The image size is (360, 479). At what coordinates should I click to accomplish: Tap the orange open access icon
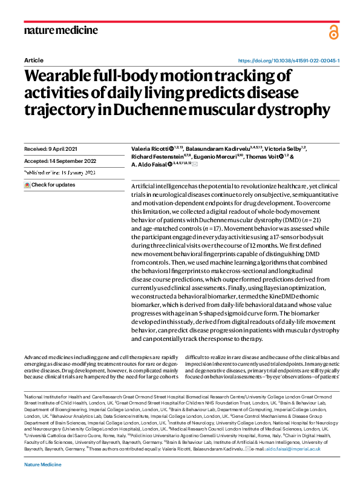[333, 33]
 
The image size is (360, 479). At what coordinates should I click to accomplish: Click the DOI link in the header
[289, 61]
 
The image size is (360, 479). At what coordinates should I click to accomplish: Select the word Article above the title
[33, 61]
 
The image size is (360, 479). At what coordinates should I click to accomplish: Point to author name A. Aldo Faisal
[151, 164]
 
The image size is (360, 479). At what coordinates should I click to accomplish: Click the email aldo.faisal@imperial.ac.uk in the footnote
[295, 449]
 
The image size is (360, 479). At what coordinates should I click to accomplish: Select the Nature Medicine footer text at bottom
[42, 463]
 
